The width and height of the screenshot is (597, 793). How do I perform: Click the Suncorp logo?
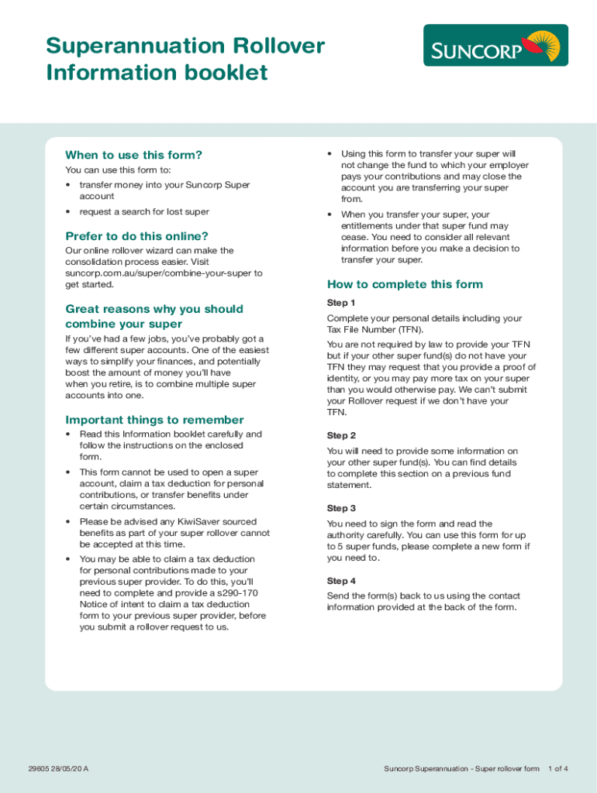tap(495, 45)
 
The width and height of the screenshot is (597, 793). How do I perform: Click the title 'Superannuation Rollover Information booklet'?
tap(185, 59)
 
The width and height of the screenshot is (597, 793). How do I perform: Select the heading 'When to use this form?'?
tap(133, 155)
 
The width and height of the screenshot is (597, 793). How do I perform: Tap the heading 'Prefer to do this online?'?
tap(136, 236)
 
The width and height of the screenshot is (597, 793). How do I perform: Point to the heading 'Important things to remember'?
tap(154, 420)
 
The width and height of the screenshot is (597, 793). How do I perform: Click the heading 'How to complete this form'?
tap(405, 284)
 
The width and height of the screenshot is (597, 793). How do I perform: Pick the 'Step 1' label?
tap(341, 303)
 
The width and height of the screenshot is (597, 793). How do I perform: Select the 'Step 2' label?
tap(341, 436)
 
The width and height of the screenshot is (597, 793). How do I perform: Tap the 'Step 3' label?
tap(341, 509)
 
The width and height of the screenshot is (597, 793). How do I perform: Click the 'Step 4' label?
tap(341, 581)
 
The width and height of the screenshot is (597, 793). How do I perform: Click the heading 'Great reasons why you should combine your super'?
tap(154, 316)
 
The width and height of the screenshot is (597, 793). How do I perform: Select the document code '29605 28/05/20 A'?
tap(57, 769)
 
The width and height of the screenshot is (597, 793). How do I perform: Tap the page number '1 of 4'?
tap(558, 769)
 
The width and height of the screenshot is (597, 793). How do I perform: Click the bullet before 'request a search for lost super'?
tap(68, 212)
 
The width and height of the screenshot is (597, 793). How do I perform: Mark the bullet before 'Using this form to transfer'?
tap(330, 154)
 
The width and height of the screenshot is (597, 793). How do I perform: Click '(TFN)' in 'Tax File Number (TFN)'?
tap(409, 330)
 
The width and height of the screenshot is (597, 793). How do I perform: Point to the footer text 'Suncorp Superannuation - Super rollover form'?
tap(461, 769)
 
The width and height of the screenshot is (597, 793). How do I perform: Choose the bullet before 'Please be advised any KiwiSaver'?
tap(68, 522)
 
